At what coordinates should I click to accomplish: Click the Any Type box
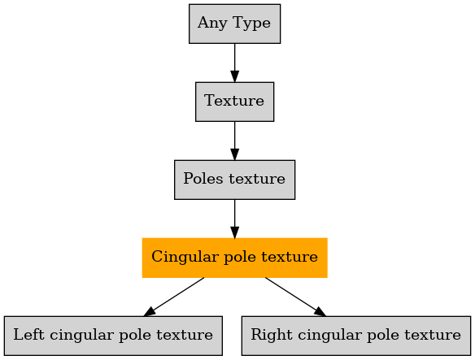[234, 24]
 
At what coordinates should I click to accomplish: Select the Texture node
[234, 102]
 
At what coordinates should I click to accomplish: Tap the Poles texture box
[234, 180]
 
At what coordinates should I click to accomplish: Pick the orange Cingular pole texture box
[234, 258]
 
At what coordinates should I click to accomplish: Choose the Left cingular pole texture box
[113, 336]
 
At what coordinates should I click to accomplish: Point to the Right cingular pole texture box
[356, 336]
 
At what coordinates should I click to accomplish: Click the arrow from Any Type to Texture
[234, 63]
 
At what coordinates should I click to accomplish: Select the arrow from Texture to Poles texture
[234, 141]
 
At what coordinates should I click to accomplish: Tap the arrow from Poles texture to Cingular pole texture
[234, 219]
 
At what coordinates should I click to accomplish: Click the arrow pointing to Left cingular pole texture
[174, 297]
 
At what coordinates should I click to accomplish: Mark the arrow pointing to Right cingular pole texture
[296, 297]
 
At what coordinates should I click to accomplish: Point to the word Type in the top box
[251, 24]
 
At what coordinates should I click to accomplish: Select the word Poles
[203, 178]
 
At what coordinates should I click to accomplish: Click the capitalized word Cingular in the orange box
[185, 258]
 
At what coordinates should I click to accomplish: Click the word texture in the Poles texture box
[257, 179]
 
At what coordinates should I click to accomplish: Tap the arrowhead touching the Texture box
[234, 76]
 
